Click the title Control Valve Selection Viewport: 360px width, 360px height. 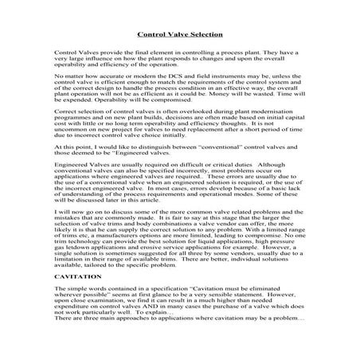[x=179, y=36]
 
